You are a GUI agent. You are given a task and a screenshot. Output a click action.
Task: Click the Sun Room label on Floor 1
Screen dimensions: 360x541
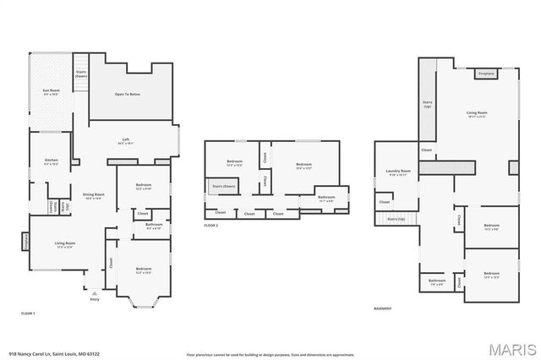pos(50,91)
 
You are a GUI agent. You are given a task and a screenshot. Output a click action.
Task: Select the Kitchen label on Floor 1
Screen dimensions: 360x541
pos(51,161)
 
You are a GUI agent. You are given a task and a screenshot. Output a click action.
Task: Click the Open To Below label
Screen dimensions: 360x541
pos(128,94)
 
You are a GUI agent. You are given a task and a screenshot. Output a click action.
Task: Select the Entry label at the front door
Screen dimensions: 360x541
pos(95,298)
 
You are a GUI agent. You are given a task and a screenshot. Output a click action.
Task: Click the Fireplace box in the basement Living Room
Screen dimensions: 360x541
pos(486,74)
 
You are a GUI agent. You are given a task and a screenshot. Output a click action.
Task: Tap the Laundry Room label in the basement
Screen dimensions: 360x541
pos(398,172)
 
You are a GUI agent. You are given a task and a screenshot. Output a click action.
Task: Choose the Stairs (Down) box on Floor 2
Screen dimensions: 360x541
pos(223,185)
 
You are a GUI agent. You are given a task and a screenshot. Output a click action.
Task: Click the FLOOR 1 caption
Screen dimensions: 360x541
pos(28,313)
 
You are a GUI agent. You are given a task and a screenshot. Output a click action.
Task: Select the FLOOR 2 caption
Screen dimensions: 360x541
pos(211,226)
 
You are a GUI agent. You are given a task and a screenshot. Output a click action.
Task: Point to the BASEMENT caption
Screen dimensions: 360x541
pos(383,308)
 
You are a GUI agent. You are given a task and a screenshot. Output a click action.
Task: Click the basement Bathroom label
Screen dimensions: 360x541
pos(436,281)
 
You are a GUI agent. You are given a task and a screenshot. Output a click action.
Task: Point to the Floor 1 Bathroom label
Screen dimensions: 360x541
pos(154,226)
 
